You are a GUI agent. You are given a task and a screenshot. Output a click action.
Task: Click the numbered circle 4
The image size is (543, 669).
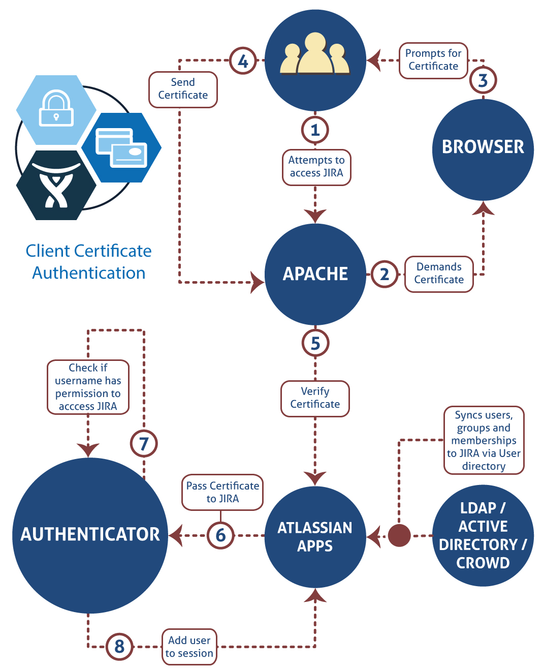pos(243,61)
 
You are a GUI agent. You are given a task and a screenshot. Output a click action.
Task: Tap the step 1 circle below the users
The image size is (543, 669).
pos(315,130)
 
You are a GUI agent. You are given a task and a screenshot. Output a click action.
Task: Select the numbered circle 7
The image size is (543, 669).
pos(144,444)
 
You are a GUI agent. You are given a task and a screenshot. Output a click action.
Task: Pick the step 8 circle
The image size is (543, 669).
pos(119,646)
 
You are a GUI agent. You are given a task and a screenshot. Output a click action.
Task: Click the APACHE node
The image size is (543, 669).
pos(315,274)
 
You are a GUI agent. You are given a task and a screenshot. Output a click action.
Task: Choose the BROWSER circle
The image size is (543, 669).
pos(483,147)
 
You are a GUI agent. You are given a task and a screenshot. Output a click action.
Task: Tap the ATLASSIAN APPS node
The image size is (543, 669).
pos(315,536)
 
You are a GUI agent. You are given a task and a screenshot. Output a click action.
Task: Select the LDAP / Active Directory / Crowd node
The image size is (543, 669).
pos(483,535)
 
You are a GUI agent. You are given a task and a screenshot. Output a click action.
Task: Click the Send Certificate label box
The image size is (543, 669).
pos(183,89)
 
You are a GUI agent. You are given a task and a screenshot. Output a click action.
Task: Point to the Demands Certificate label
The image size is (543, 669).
pos(439,274)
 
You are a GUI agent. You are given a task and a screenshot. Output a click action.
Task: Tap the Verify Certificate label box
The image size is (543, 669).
pos(315,399)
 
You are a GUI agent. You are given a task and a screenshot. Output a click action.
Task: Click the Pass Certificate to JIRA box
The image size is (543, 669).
pos(222,492)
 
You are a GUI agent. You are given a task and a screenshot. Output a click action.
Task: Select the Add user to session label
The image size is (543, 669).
pos(189,647)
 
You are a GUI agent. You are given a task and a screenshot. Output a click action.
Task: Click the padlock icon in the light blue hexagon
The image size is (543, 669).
pos(56,108)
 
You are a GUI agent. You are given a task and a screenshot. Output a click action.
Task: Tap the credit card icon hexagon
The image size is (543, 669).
pos(121,147)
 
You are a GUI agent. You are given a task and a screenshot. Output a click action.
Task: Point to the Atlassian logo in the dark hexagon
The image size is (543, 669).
pos(56,186)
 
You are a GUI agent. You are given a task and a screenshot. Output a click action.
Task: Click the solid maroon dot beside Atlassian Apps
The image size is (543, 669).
pos(399,535)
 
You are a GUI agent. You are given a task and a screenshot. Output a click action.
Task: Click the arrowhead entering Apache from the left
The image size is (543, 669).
pos(257,282)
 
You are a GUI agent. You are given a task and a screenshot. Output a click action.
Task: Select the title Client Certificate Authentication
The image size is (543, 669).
pos(89,262)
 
